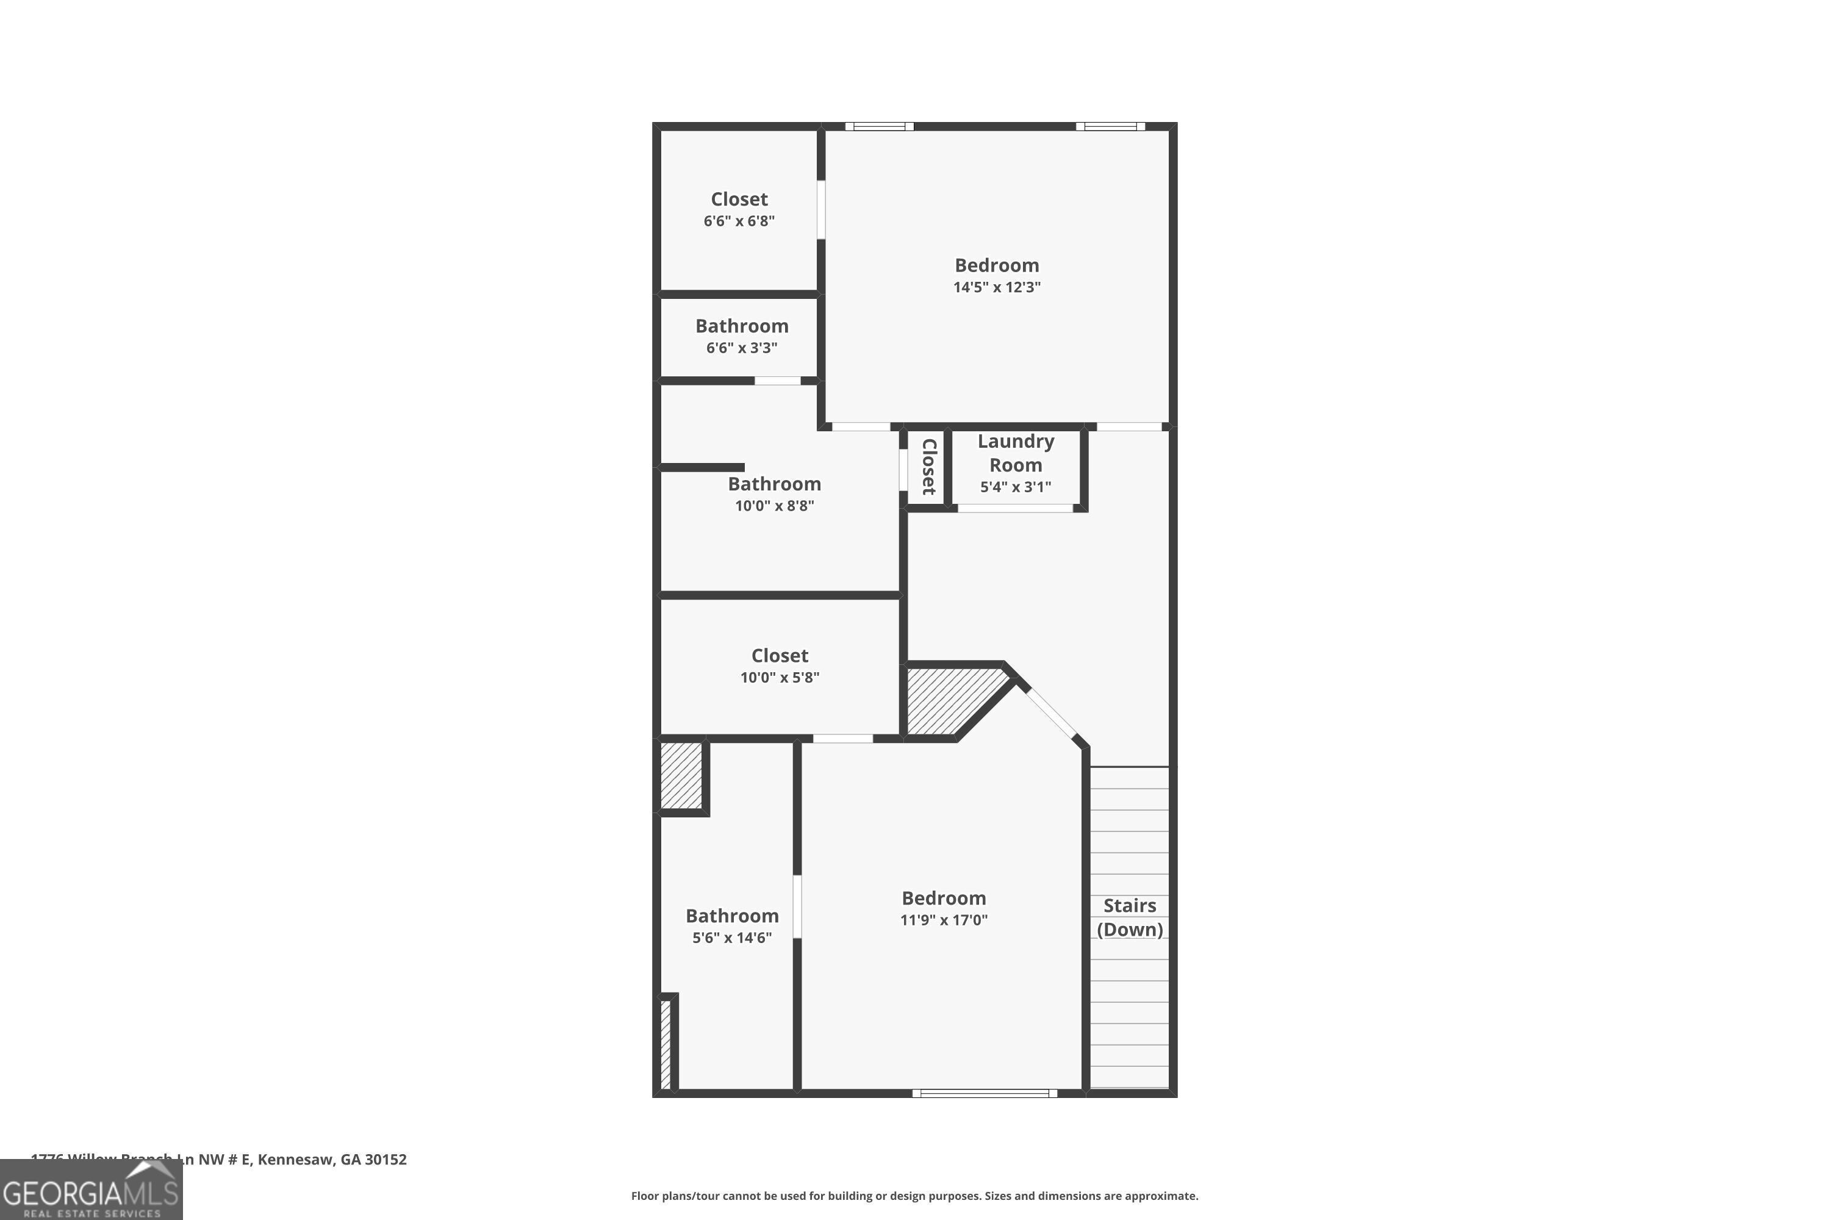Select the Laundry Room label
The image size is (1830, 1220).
(1016, 453)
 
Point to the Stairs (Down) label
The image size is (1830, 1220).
(1130, 917)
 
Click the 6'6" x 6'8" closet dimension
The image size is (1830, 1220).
(739, 221)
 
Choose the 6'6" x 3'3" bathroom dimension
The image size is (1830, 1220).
(742, 348)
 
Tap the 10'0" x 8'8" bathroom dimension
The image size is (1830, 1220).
(774, 506)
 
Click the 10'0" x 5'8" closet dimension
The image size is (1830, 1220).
(780, 678)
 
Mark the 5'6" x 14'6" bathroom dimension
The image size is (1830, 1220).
(732, 938)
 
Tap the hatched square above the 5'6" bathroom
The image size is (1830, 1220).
(681, 776)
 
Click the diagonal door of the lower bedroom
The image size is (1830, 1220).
(1049, 712)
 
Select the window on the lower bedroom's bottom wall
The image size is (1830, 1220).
(985, 1093)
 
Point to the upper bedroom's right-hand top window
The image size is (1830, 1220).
(1110, 126)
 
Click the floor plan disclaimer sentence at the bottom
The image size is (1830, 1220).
(914, 1196)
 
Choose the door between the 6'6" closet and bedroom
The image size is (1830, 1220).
(821, 209)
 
